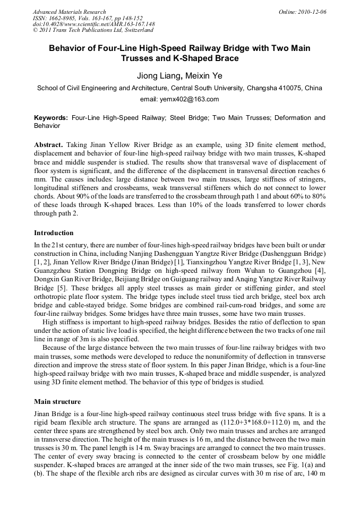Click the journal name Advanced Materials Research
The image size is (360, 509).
(69, 12)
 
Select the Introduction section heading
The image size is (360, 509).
(54, 232)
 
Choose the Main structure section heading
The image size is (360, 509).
(57, 401)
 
